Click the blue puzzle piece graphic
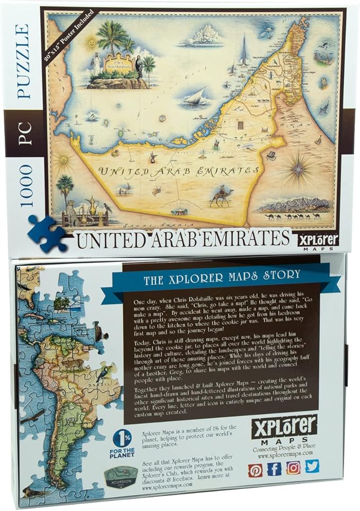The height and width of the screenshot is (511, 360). [46, 233]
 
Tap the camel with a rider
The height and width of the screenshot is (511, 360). [222, 196]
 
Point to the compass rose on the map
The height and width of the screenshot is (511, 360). [296, 170]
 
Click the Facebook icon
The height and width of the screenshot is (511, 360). [274, 469]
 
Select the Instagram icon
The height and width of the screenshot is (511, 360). [293, 467]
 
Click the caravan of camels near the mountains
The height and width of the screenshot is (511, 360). [294, 216]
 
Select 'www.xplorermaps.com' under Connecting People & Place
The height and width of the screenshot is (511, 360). [284, 453]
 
